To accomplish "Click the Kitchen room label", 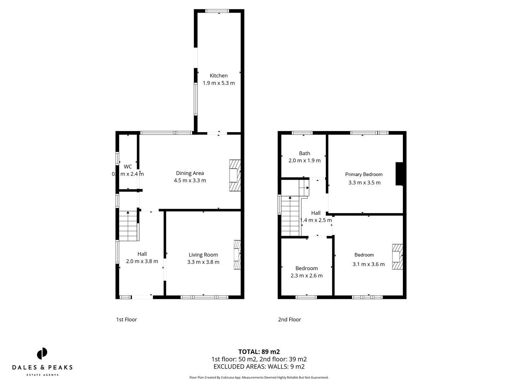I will [219, 75].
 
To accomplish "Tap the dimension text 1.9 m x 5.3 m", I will [219, 83].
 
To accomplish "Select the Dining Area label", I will [190, 173].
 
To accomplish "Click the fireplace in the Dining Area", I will [235, 176].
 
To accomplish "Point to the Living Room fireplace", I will [237, 255].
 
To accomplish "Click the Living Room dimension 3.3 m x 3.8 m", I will [203, 262].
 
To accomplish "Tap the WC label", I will [128, 167].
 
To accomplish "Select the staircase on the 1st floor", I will [128, 226].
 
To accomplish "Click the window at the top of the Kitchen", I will [217, 11].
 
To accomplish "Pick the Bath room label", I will [304, 153].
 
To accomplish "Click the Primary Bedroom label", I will [364, 174].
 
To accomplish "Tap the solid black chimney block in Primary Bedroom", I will [399, 174].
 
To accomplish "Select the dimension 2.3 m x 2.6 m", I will [306, 276].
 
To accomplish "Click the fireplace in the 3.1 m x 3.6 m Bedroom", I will [397, 257].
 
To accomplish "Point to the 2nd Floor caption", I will [289, 319].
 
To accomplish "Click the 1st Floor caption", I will [126, 319].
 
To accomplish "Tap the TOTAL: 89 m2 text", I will [259, 352].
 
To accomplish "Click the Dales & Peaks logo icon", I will [42, 353].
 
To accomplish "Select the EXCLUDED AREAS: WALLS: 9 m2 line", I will [259, 366].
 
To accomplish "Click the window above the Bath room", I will [302, 133].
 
